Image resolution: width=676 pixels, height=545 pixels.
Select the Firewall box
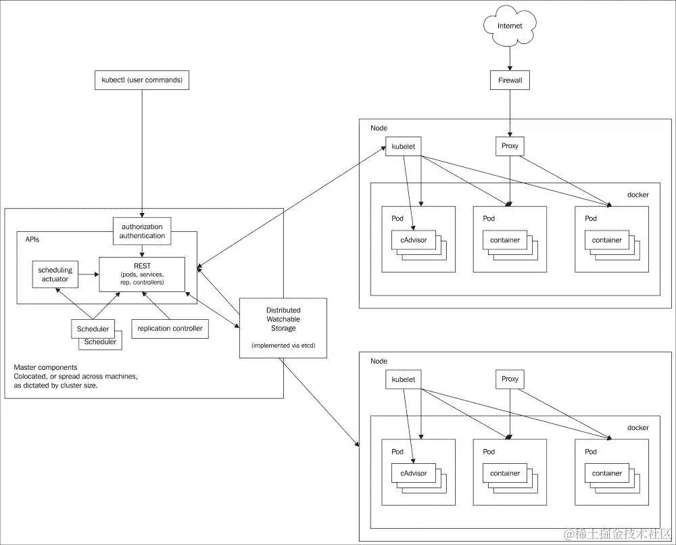(x=510, y=80)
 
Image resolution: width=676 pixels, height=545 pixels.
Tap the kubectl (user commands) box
(x=141, y=80)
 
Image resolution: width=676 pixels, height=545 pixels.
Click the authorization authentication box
(x=142, y=231)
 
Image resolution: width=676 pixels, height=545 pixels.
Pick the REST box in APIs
(x=142, y=274)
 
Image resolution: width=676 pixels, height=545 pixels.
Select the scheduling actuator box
(x=55, y=274)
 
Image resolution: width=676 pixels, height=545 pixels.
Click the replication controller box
(x=170, y=329)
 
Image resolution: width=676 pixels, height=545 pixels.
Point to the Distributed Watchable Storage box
(x=283, y=328)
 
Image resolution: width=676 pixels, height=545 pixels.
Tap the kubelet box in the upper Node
(x=404, y=147)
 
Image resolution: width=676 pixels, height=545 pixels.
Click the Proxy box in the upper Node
(x=510, y=147)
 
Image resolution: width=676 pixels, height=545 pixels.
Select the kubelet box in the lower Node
(x=404, y=379)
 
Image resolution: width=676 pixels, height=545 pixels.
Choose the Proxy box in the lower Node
(x=510, y=379)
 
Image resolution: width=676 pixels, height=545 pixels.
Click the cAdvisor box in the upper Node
(x=414, y=240)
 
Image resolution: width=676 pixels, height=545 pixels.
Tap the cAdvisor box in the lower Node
(x=414, y=473)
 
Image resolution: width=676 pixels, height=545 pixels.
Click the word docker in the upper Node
(x=637, y=195)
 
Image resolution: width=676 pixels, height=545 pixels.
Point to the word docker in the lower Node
(x=637, y=427)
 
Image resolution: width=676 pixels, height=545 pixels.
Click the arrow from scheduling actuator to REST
(x=89, y=274)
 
